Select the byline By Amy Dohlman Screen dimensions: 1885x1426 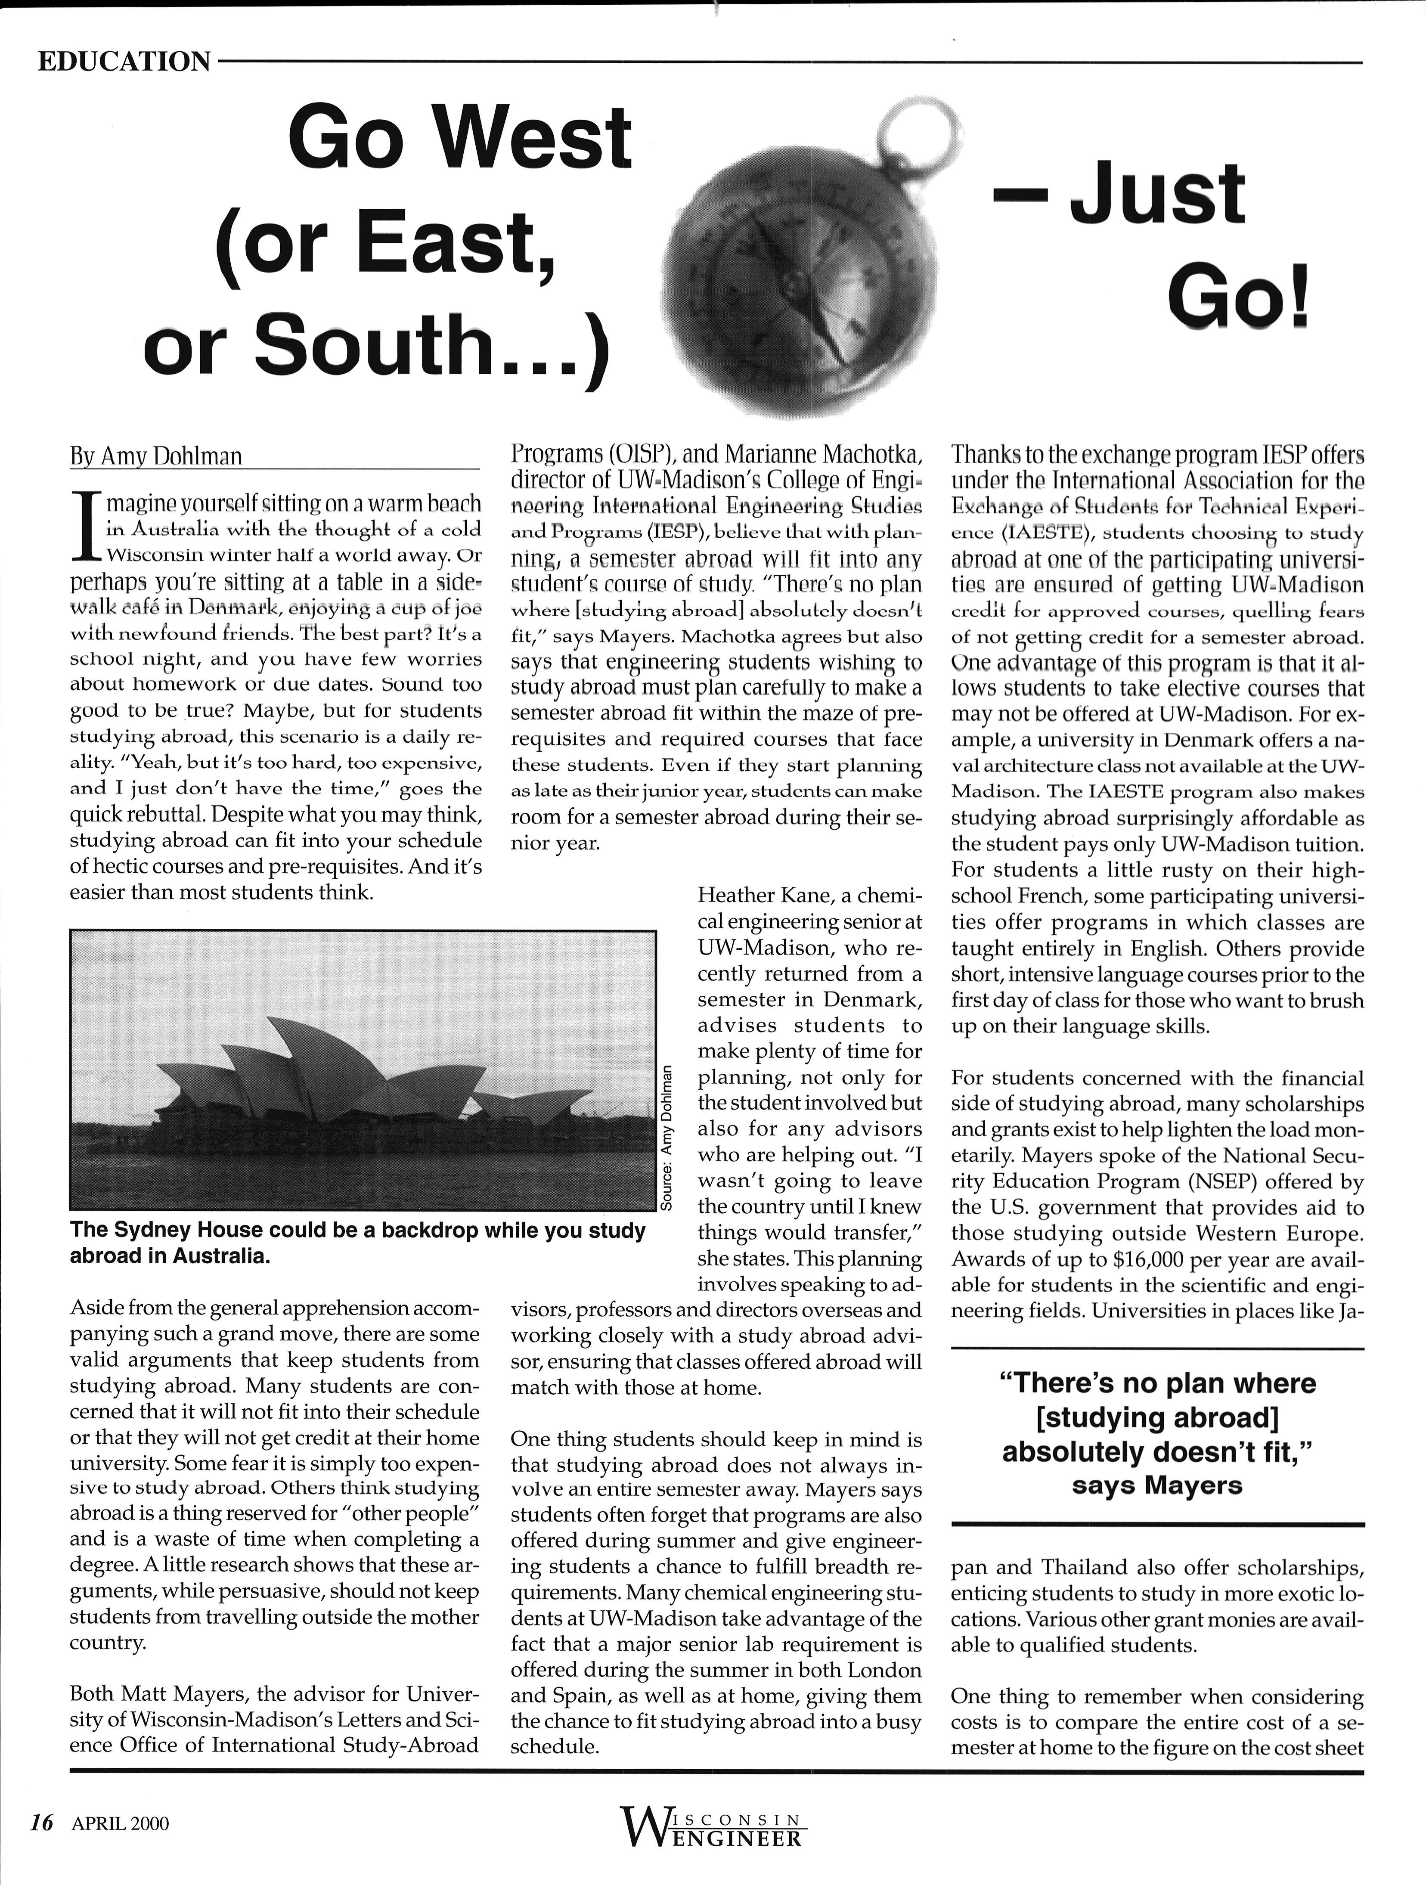click(x=156, y=457)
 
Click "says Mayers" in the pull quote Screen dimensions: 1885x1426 click(x=1156, y=1485)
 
